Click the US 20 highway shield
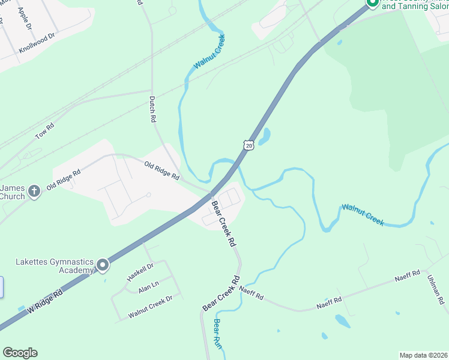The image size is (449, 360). [x=249, y=145]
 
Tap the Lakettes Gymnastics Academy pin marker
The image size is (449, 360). [x=103, y=265]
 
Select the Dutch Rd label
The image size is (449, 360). [x=152, y=110]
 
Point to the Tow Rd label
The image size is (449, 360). [x=44, y=131]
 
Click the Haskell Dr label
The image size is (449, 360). [x=140, y=272]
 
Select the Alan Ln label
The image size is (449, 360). [x=148, y=287]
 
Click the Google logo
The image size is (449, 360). [x=20, y=353]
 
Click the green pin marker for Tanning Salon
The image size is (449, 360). [x=372, y=3]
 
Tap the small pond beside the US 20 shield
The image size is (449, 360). [x=264, y=136]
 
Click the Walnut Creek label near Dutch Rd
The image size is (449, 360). [x=209, y=52]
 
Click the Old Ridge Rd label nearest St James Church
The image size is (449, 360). [x=64, y=179]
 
